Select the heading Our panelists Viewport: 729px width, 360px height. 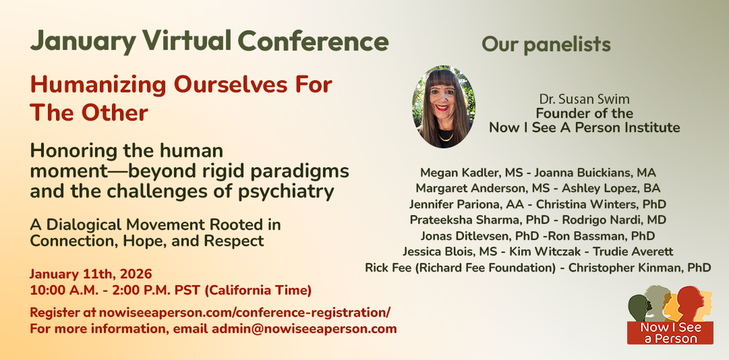click(x=546, y=44)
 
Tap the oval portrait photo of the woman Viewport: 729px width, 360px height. click(x=444, y=107)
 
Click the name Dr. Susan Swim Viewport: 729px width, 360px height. click(x=584, y=99)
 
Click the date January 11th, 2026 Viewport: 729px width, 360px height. click(x=91, y=274)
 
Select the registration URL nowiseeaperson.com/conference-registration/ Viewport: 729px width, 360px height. click(x=245, y=312)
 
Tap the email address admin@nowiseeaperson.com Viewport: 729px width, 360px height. click(x=304, y=330)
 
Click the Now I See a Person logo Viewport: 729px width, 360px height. click(x=670, y=314)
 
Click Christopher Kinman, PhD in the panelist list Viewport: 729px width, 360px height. click(x=640, y=268)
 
